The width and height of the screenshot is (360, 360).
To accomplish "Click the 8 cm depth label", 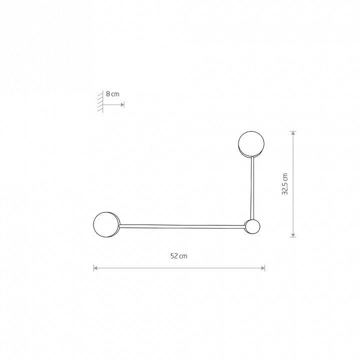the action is [x=112, y=94].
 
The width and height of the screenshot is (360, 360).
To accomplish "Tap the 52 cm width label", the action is [x=179, y=256].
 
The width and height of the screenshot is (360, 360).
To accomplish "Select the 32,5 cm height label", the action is [x=284, y=184].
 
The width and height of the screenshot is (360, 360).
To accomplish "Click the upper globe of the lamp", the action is [x=251, y=143].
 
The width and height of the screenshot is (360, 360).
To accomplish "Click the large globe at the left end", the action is [x=106, y=224].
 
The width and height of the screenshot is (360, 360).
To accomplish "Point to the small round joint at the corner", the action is [x=252, y=226].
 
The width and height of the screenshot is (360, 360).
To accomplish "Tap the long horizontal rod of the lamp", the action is [x=182, y=226].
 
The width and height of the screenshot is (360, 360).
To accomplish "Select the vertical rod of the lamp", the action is [x=252, y=188].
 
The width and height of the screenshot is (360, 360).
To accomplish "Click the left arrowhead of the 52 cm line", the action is [x=95, y=268].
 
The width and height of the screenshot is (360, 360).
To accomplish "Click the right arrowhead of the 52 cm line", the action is [x=263, y=268].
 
